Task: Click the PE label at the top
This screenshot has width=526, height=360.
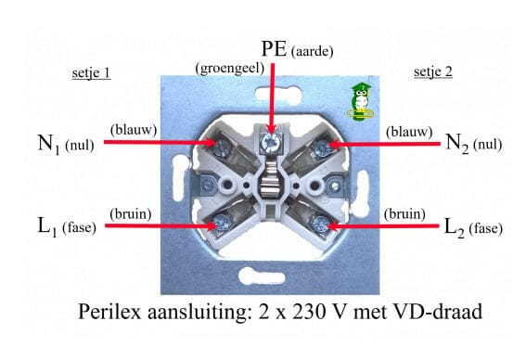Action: click(x=273, y=48)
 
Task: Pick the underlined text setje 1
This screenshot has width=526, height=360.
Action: click(x=91, y=72)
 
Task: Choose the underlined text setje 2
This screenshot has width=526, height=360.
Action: click(x=433, y=72)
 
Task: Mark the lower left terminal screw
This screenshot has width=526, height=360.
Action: click(x=223, y=223)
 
